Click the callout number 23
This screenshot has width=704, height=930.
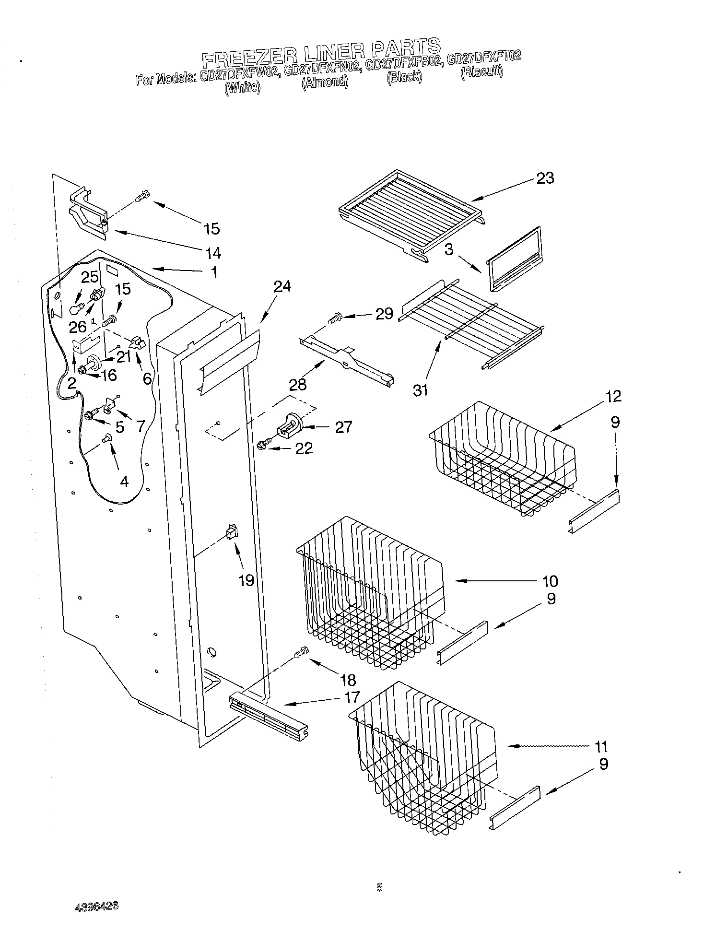point(545,178)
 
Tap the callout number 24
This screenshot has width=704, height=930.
point(282,286)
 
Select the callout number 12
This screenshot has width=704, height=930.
point(612,396)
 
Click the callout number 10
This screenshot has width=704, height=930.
point(550,581)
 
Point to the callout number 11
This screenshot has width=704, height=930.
point(600,746)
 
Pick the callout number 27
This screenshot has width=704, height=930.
point(343,426)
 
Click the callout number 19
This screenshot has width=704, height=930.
point(246,580)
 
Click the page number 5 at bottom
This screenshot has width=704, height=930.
point(379,888)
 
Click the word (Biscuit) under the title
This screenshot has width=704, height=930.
point(481,72)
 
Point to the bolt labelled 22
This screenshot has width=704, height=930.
point(263,445)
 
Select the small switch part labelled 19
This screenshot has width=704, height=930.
point(231,531)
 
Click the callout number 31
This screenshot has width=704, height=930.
point(420,390)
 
